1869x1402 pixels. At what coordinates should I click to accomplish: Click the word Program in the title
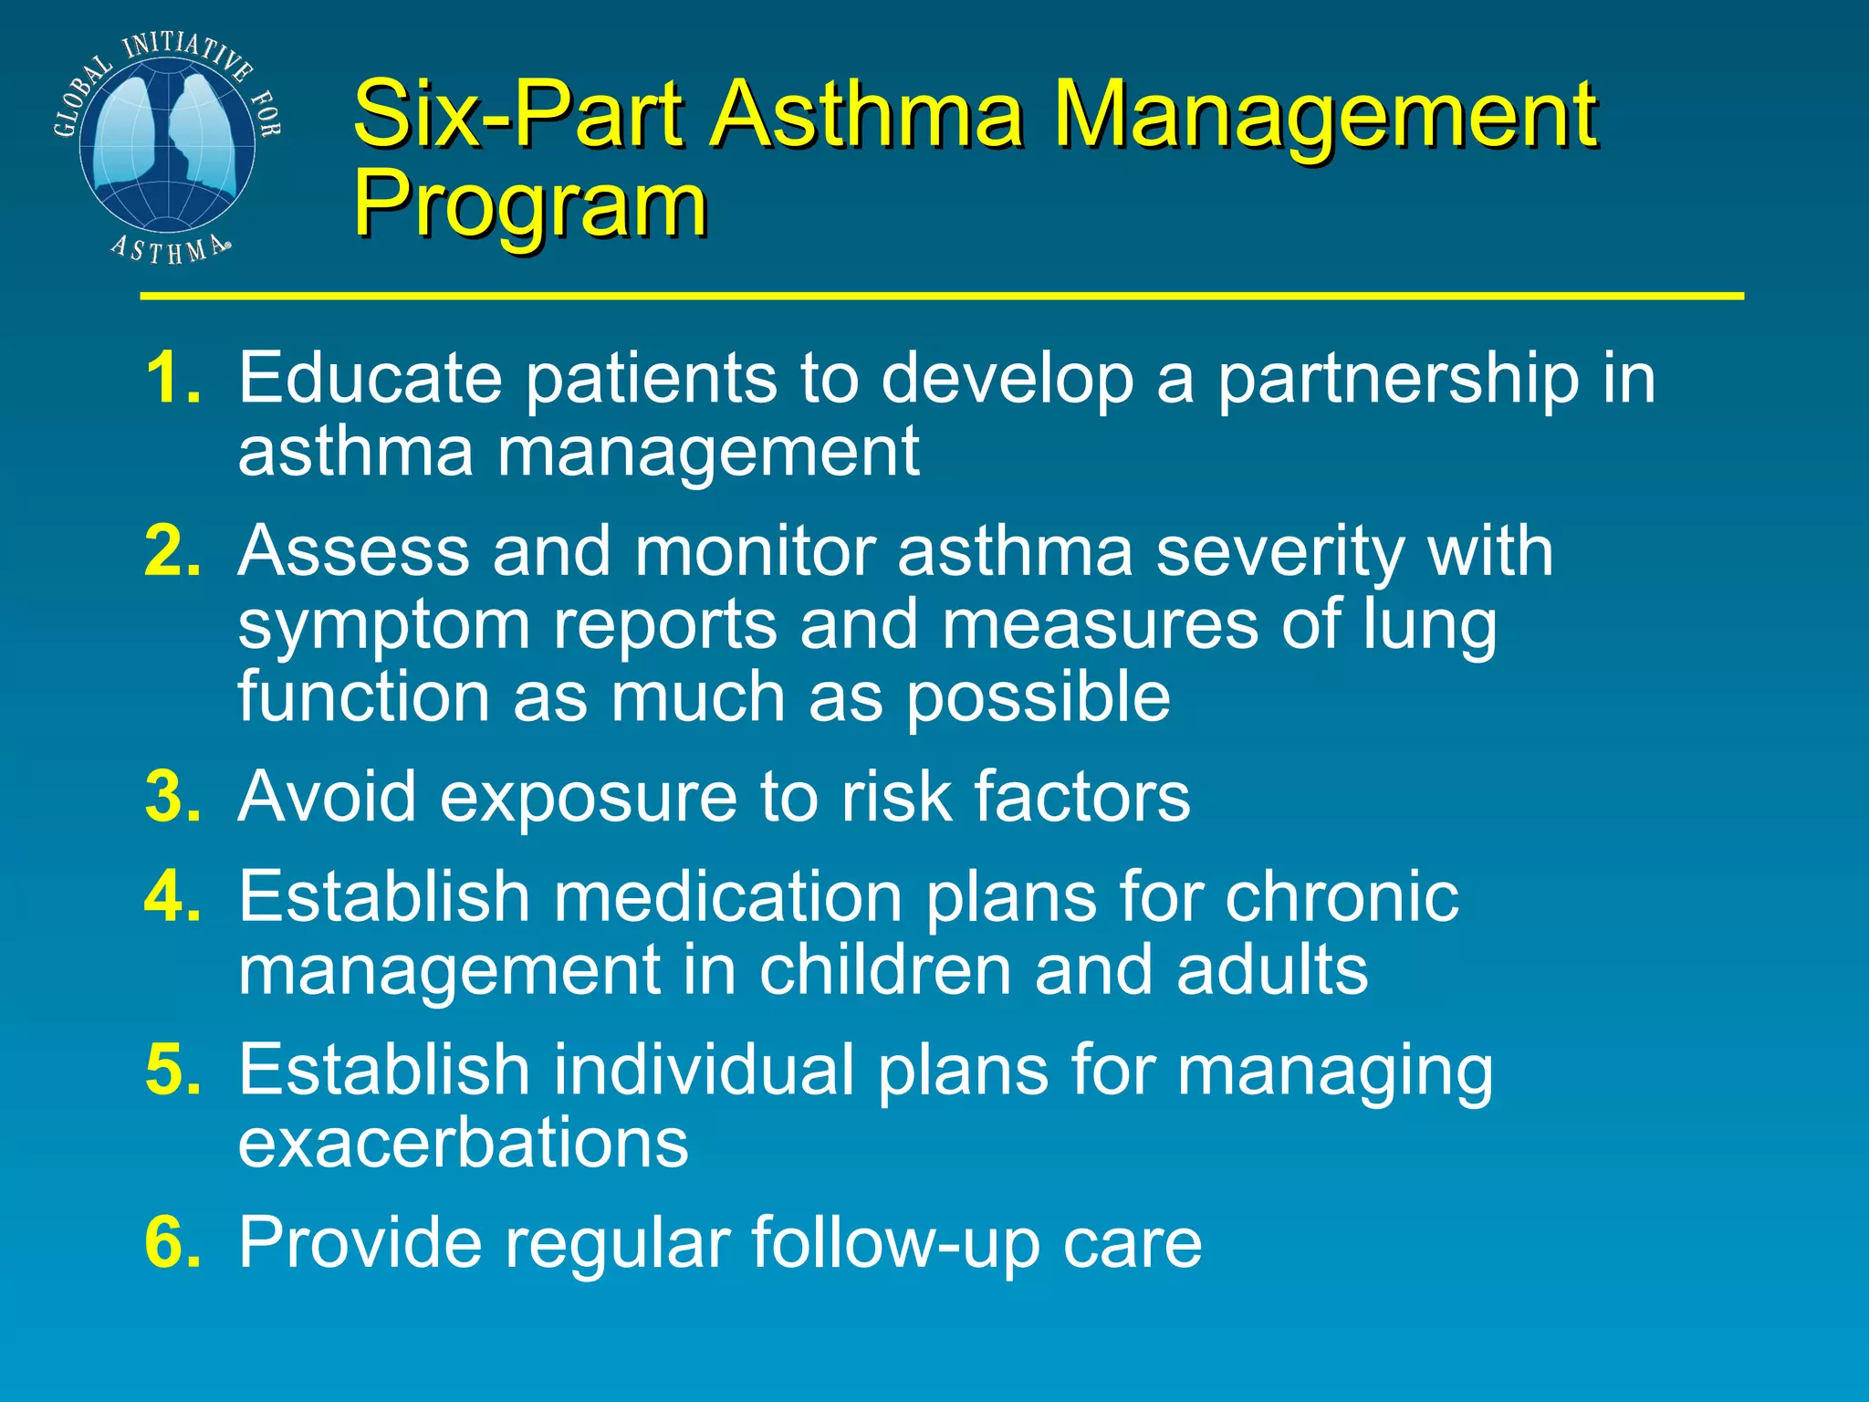tap(530, 205)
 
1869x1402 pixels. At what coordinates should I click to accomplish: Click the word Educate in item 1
tap(370, 378)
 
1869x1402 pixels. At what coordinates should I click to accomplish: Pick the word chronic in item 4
tap(1341, 896)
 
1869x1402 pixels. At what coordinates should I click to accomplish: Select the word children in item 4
tap(884, 969)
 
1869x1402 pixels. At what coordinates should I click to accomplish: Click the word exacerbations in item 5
tap(463, 1142)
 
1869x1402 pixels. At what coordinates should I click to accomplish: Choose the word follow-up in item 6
tap(895, 1244)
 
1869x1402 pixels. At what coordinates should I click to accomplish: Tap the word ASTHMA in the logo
tap(170, 249)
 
